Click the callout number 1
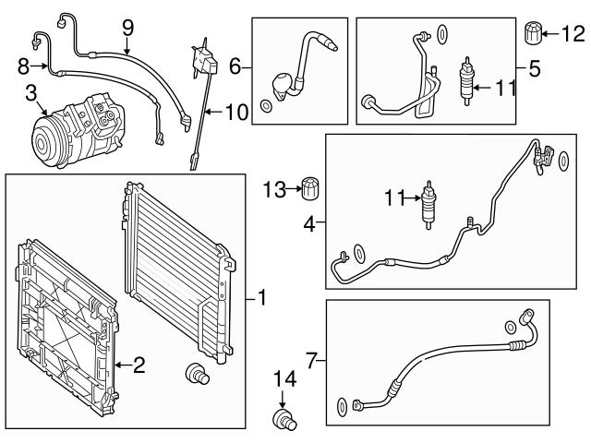pos(262,298)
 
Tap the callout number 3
pos(31,92)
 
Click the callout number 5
pos(534,67)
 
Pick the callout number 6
pos(235,66)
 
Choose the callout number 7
pos(311,358)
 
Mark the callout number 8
pos(24,65)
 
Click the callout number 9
pos(127,28)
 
